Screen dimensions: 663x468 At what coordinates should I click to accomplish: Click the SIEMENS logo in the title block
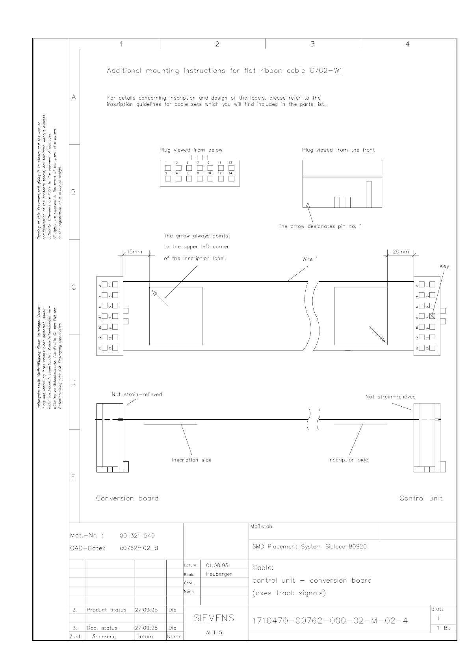click(x=214, y=618)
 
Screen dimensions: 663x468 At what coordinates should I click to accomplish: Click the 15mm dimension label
click(x=134, y=252)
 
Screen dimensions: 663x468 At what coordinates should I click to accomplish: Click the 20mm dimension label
click(x=401, y=252)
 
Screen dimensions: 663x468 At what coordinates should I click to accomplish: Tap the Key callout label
click(x=444, y=266)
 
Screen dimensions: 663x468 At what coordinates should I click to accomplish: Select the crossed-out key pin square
click(x=432, y=316)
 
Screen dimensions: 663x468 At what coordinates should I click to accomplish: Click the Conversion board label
click(x=127, y=498)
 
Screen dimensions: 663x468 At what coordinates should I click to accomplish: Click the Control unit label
click(x=421, y=498)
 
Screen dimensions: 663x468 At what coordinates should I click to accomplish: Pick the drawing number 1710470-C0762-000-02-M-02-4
click(x=330, y=621)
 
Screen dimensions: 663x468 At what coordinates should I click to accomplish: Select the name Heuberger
click(x=219, y=574)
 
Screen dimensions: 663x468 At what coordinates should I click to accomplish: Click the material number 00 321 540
click(x=137, y=535)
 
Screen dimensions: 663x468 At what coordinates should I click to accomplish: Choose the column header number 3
click(x=312, y=44)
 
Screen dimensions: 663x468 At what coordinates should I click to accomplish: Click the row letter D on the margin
click(x=74, y=382)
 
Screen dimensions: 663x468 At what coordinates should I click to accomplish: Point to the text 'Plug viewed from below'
click(x=191, y=150)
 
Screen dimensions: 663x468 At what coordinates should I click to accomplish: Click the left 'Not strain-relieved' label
click(x=137, y=394)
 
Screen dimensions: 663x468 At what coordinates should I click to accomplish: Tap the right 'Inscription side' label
click(x=348, y=459)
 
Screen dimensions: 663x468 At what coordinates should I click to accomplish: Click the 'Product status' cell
click(x=107, y=610)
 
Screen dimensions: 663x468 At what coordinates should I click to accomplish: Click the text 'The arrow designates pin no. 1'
click(x=320, y=226)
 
